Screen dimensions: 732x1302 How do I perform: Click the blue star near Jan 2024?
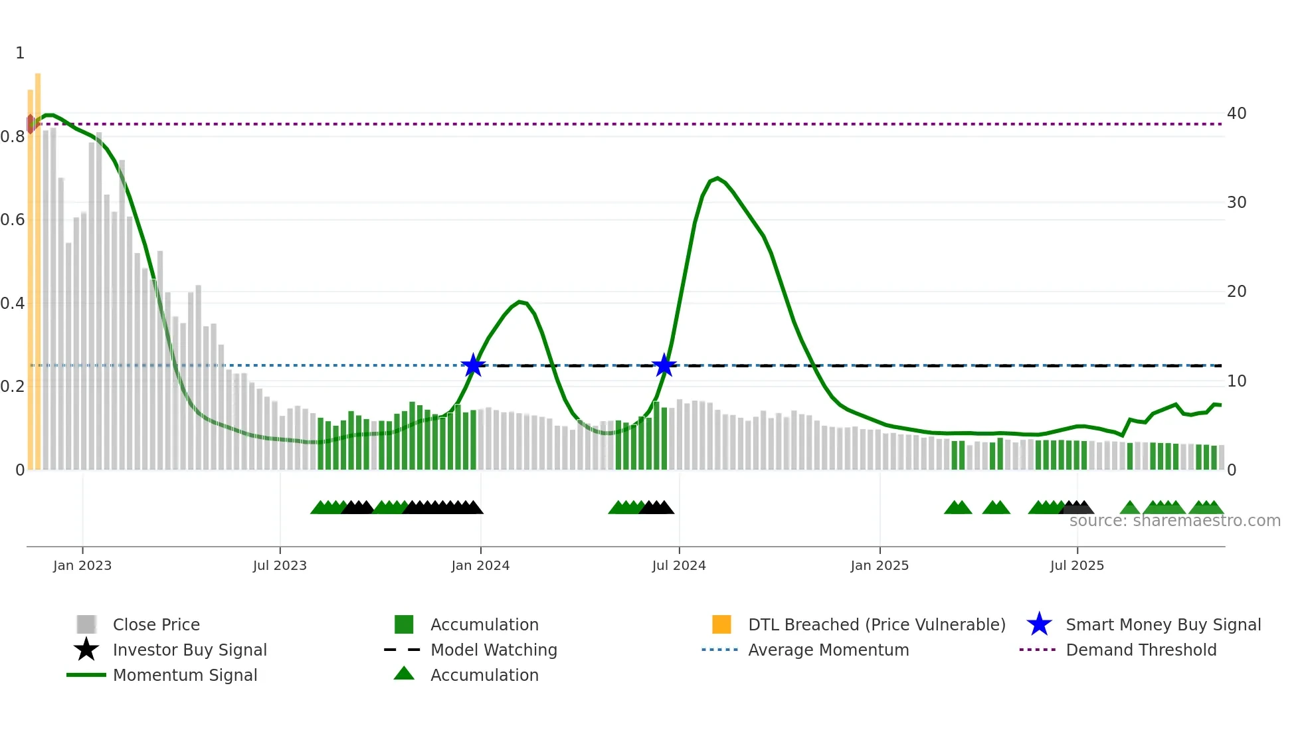(474, 365)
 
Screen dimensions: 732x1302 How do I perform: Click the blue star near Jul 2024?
(664, 365)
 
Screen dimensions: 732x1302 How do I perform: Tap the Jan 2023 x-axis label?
(82, 565)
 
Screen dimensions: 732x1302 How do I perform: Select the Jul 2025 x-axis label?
(1077, 565)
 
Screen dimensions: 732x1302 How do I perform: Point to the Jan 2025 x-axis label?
(880, 565)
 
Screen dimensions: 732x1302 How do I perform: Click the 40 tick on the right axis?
(1236, 114)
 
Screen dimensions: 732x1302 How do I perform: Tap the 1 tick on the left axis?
(20, 53)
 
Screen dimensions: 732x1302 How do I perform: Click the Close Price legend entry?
(156, 624)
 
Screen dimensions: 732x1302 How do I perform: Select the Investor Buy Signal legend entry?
(189, 650)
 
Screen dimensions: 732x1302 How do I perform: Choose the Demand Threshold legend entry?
(1141, 650)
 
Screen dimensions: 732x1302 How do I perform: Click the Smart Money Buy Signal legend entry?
(1162, 624)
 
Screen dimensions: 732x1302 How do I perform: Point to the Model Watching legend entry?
(494, 650)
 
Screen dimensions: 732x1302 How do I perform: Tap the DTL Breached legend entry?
(876, 624)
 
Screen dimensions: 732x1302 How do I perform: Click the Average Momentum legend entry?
(828, 650)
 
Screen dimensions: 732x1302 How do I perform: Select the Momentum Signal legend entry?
(185, 675)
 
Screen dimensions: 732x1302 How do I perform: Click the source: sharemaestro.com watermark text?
(1174, 521)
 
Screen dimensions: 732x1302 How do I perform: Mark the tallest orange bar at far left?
(38, 266)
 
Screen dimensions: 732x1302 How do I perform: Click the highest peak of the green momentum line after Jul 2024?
(717, 178)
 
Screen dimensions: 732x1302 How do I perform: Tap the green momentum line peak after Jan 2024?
(520, 302)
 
